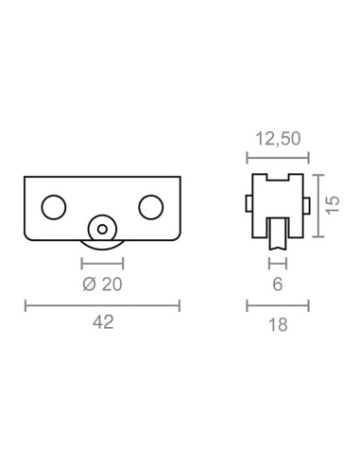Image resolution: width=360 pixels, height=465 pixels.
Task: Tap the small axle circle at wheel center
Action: (102, 229)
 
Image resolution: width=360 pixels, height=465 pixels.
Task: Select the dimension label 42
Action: (103, 322)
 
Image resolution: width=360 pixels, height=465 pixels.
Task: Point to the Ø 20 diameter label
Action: (102, 284)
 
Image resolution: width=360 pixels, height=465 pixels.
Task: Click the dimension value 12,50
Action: (278, 139)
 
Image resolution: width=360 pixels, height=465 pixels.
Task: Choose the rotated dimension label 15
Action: (333, 205)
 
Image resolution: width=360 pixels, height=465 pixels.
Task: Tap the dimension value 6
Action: (278, 284)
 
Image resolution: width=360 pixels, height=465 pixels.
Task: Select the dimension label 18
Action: (278, 325)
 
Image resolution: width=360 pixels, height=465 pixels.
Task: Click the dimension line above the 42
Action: (102, 305)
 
